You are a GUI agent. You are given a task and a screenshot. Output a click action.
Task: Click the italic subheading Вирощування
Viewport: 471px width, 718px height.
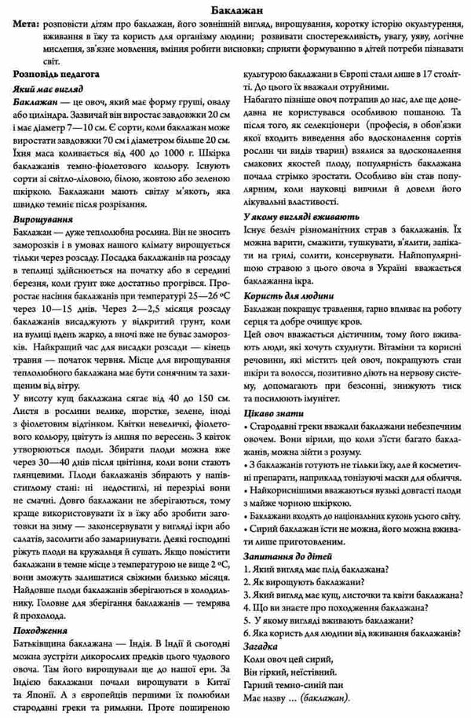(44, 221)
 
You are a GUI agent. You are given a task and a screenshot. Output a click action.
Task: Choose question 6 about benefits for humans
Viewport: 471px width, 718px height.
(352, 633)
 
